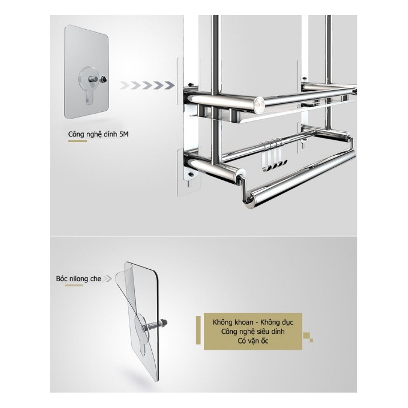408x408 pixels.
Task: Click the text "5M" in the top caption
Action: (x=124, y=134)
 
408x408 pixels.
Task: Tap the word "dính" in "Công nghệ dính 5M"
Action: (x=110, y=135)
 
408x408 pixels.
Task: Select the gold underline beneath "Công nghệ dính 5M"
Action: (x=77, y=142)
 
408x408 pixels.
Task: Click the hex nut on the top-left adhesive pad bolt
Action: (x=104, y=79)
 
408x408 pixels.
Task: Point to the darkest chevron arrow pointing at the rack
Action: (x=169, y=85)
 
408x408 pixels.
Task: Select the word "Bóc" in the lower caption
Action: (x=61, y=278)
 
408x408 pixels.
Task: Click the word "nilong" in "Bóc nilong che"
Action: (x=78, y=279)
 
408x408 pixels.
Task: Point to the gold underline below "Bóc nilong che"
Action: (x=74, y=285)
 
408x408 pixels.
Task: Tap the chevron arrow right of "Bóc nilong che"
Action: (x=107, y=278)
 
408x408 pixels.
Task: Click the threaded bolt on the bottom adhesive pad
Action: (x=157, y=324)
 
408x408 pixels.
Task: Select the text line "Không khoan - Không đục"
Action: (x=253, y=322)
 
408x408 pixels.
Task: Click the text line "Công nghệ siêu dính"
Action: (x=253, y=332)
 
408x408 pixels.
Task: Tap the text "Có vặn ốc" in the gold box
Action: (x=253, y=341)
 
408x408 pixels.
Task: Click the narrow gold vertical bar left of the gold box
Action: (x=198, y=330)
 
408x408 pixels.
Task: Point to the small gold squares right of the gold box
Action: (x=308, y=337)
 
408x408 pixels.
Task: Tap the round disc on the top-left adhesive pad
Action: (x=90, y=78)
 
